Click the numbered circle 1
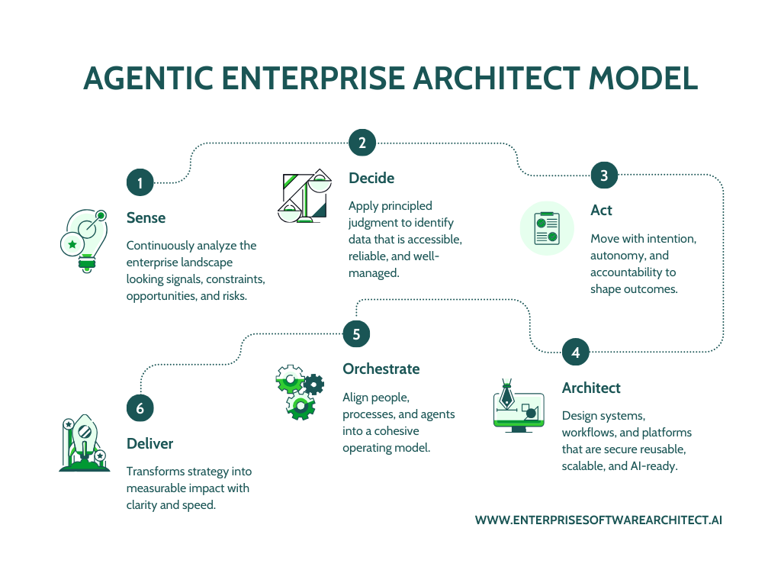[x=140, y=182]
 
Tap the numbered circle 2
[x=362, y=143]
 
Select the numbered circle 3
[x=604, y=175]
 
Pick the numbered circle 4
[x=576, y=353]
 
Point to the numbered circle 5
[x=356, y=333]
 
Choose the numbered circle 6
[x=140, y=408]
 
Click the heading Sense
[x=146, y=217]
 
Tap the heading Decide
[x=371, y=178]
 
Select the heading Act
[x=601, y=210]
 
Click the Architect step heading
[x=591, y=388]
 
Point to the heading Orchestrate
[x=381, y=369]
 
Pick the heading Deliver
[x=149, y=443]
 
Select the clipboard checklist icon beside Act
[x=547, y=228]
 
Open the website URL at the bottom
[x=598, y=520]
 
